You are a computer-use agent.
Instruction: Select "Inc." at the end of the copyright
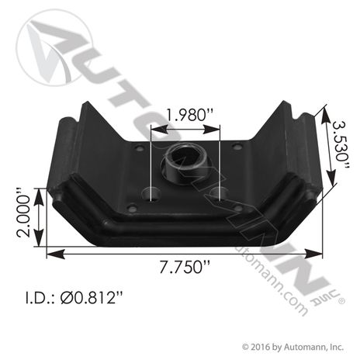340,348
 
